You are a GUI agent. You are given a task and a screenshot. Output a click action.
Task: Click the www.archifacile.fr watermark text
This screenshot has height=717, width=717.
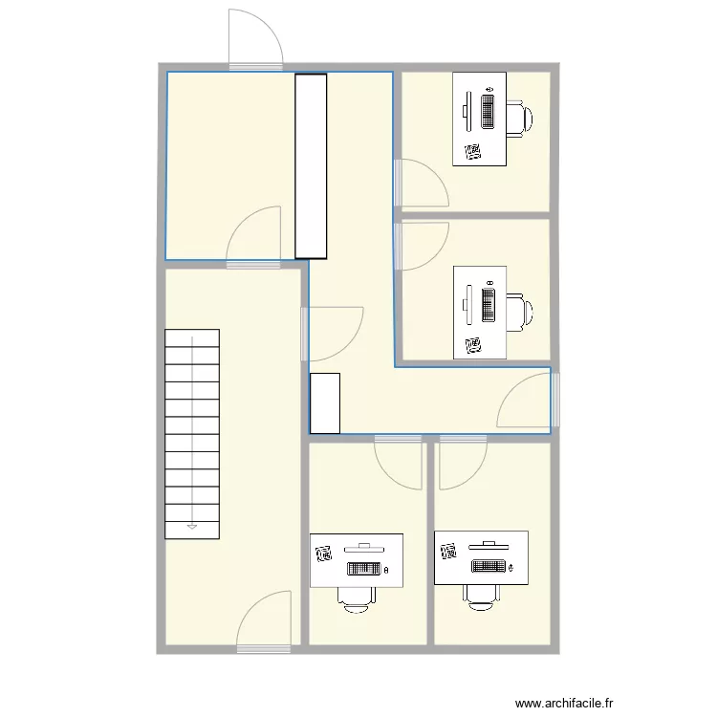click(564, 703)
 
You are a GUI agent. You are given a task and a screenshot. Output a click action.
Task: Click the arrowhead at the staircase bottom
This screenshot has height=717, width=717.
click(192, 527)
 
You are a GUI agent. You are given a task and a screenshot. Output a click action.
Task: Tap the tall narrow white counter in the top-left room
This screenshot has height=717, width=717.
click(311, 166)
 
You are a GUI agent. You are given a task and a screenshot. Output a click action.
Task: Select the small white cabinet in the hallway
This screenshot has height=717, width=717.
click(325, 403)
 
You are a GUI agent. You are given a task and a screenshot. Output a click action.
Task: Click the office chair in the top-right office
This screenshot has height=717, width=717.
click(519, 119)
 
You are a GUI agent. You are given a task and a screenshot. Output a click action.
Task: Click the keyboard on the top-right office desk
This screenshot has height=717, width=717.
click(488, 111)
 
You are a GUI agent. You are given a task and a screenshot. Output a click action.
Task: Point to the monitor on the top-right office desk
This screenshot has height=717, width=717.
click(467, 111)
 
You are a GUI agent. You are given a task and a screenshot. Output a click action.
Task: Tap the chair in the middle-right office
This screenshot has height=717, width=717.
click(520, 313)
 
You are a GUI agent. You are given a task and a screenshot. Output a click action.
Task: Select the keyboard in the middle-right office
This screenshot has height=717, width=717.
click(489, 305)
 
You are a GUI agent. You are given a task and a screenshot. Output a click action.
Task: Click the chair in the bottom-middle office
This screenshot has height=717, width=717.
click(357, 600)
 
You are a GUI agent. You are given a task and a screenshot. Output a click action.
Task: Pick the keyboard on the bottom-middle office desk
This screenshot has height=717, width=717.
click(364, 569)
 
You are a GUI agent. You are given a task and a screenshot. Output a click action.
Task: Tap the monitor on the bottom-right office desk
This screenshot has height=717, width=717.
click(489, 545)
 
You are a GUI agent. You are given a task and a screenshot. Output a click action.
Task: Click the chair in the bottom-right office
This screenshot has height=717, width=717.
click(481, 597)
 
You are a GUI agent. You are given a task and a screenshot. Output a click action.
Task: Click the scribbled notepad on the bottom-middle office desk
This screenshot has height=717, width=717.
click(324, 554)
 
